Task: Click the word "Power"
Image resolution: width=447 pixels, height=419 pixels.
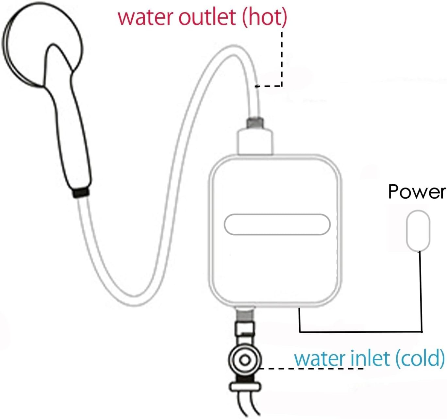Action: pos(416,192)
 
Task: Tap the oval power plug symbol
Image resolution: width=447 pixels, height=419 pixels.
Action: pos(418,230)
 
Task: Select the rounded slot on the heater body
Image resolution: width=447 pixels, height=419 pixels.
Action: pos(277,225)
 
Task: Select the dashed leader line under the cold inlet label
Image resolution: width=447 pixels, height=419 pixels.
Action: pos(310,369)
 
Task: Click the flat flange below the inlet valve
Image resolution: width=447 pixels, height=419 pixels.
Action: pos(245,387)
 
